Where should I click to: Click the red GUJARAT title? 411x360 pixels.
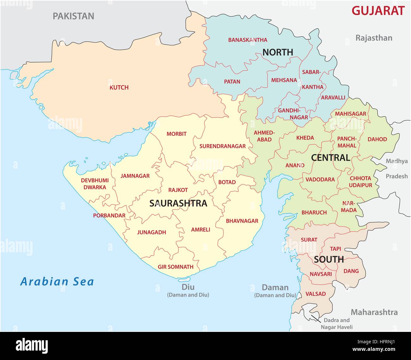click(378, 11)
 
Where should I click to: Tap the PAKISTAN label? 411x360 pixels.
click(73, 16)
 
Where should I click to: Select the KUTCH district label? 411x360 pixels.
click(119, 87)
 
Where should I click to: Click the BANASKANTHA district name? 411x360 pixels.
click(248, 40)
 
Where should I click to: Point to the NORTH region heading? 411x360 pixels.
click(278, 52)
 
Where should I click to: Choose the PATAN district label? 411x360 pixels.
click(232, 81)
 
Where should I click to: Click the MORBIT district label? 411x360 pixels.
click(176, 134)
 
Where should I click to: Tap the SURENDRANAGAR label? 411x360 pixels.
click(222, 146)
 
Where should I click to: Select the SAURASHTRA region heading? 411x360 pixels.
click(178, 203)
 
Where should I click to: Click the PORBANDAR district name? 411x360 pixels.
click(109, 216)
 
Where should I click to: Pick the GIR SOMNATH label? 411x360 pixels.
click(175, 267)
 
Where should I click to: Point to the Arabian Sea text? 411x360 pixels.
click(57, 281)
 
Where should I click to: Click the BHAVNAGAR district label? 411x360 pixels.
click(242, 221)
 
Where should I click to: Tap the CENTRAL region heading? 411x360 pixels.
click(330, 158)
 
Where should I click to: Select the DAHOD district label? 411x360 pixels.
click(377, 139)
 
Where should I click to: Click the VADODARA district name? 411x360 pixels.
click(320, 179)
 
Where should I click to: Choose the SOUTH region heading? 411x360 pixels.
click(329, 260)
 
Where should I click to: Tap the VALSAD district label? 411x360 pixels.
click(316, 294)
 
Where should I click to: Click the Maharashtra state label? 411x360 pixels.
click(374, 312)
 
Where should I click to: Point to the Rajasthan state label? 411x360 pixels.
click(374, 38)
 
